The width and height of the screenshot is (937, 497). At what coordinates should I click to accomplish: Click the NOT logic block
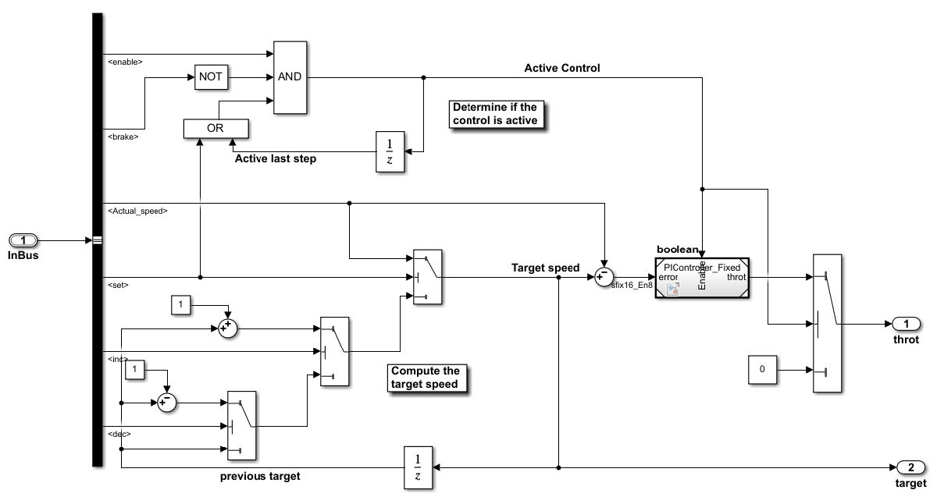tap(209, 77)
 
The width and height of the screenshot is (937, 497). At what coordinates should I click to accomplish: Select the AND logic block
tap(289, 76)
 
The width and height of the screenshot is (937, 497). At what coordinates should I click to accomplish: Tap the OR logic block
tap(215, 127)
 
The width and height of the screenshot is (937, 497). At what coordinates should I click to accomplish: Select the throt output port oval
tap(906, 324)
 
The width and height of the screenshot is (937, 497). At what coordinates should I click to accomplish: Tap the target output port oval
tap(910, 467)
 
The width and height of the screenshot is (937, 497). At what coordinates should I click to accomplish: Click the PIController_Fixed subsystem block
tap(702, 278)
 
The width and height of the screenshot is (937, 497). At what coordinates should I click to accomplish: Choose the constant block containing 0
tap(762, 369)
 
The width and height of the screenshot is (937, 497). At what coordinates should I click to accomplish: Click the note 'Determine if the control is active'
tap(495, 113)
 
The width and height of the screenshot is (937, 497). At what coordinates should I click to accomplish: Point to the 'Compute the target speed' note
tap(426, 378)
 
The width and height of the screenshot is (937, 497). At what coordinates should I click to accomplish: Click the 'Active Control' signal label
tap(561, 68)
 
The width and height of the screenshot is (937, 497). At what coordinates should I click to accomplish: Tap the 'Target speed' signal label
tap(545, 268)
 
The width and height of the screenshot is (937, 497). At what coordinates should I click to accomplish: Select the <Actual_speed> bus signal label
tap(137, 211)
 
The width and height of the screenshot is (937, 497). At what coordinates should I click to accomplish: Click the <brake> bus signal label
tap(122, 137)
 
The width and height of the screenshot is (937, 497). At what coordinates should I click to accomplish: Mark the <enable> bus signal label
tap(123, 61)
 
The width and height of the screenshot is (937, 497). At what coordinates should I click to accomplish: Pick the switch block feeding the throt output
tap(826, 322)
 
